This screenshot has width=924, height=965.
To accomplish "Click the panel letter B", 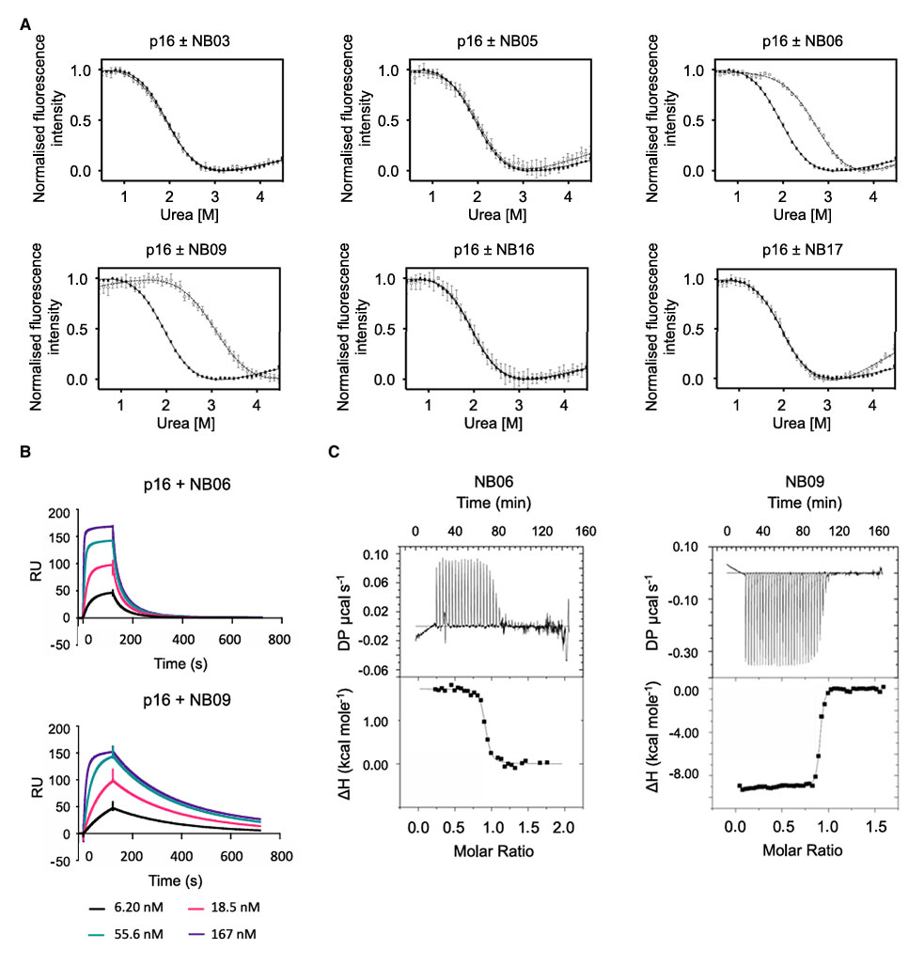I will click(x=26, y=451).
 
